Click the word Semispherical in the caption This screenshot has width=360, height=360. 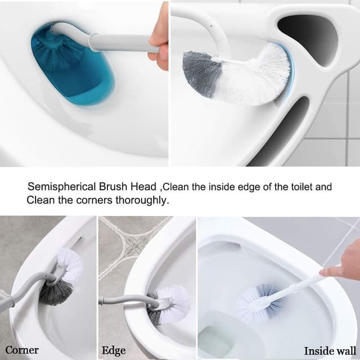pos(55,187)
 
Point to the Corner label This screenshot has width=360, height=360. pos(22,350)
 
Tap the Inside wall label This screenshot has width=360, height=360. pos(330,351)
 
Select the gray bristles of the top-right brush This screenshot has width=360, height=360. pos(200,73)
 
